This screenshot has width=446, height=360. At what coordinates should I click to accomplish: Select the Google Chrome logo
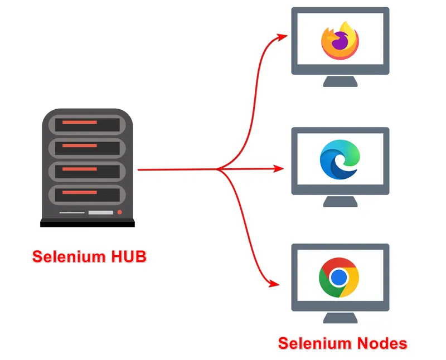(339, 277)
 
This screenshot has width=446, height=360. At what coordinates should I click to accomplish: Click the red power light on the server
(119, 212)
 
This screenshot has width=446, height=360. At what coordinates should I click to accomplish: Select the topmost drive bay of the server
(88, 124)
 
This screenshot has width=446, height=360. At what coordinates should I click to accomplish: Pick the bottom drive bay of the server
(88, 193)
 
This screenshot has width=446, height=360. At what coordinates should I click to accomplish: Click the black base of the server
(88, 223)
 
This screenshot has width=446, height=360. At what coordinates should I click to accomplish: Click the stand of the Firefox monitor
(340, 81)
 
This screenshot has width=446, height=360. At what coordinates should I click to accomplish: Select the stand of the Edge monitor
(340, 201)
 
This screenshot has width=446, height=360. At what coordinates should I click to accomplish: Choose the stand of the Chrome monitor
(340, 318)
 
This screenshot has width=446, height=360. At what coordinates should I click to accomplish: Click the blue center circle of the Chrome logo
(339, 277)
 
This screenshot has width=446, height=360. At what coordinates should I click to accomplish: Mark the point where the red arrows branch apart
(219, 169)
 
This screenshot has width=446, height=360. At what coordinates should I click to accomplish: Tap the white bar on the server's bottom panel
(100, 213)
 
